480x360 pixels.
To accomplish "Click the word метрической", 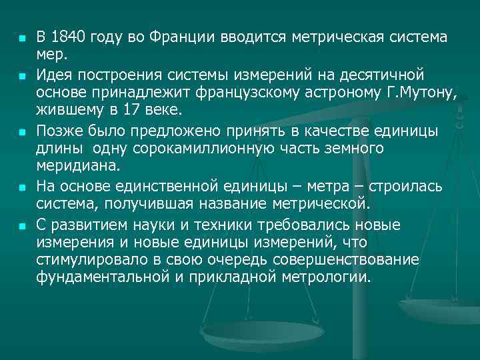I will tap(312, 201).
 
